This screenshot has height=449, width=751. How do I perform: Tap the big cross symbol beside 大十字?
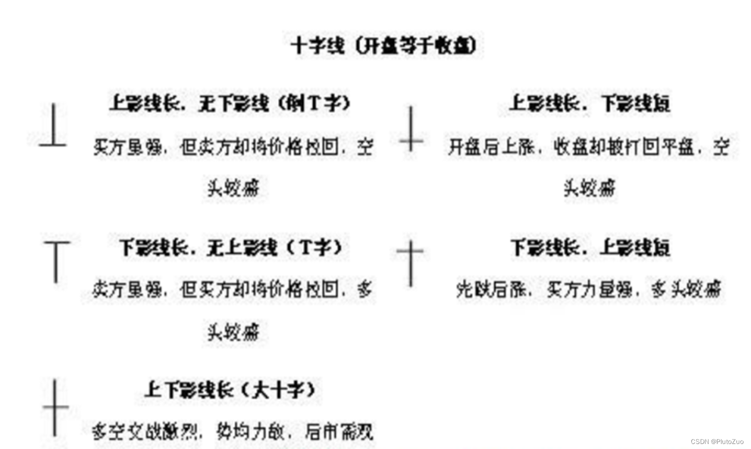[x=55, y=407]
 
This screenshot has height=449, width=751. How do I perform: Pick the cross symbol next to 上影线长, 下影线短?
[x=411, y=129]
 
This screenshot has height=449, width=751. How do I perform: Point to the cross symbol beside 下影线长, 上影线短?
[x=411, y=263]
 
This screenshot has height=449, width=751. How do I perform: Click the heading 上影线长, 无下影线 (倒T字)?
[x=230, y=104]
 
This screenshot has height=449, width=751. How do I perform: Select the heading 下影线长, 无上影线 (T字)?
[x=231, y=247]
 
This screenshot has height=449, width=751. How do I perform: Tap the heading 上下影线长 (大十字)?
[x=230, y=390]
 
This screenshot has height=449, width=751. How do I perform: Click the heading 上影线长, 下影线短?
[x=589, y=104]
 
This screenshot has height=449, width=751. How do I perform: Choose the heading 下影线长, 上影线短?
[x=590, y=247]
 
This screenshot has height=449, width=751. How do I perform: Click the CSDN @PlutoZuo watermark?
[x=716, y=441]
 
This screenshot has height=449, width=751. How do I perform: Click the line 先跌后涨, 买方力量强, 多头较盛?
[x=588, y=289]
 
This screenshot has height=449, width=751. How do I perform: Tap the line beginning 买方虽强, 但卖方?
[x=233, y=147]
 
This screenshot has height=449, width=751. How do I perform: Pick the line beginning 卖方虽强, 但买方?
[x=232, y=289]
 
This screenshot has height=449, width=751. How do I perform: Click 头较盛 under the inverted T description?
[x=233, y=188]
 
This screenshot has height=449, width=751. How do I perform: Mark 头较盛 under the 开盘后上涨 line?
[x=589, y=188]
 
